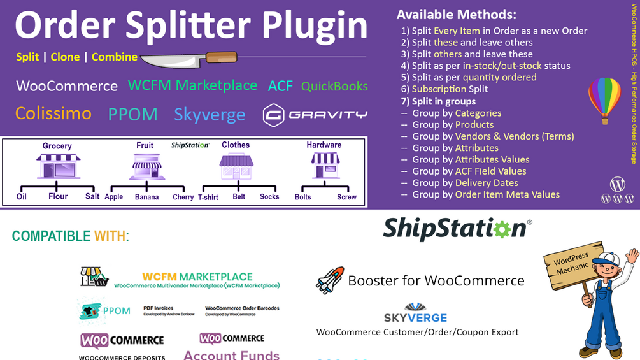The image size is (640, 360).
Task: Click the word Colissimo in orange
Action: (x=53, y=113)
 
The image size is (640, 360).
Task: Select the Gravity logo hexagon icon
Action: (x=273, y=115)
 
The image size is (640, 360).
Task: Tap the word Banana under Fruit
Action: (x=146, y=197)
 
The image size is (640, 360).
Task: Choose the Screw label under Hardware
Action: (x=346, y=197)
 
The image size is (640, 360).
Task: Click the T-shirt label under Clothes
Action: (x=208, y=197)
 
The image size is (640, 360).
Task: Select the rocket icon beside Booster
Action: (x=330, y=280)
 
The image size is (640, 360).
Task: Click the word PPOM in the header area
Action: (x=132, y=114)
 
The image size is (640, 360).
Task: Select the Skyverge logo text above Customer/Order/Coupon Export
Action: (x=415, y=317)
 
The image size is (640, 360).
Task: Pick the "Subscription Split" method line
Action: (x=450, y=89)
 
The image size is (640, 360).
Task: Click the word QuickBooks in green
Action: (x=334, y=86)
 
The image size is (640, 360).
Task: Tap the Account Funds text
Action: (x=232, y=354)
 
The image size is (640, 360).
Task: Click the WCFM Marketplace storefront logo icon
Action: (x=94, y=277)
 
